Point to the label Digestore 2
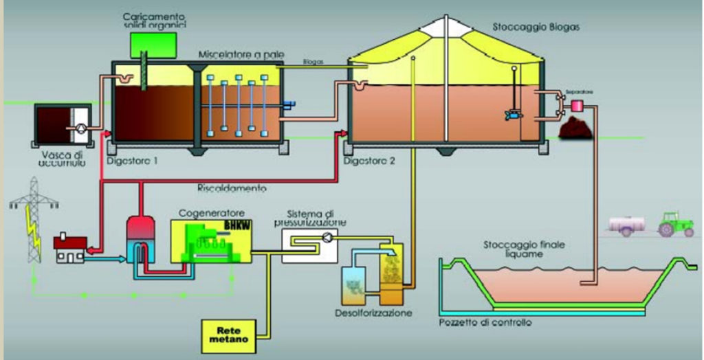(x=369, y=162)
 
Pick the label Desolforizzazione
(x=378, y=313)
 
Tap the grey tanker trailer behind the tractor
(x=629, y=225)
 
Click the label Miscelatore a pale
(x=237, y=54)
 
